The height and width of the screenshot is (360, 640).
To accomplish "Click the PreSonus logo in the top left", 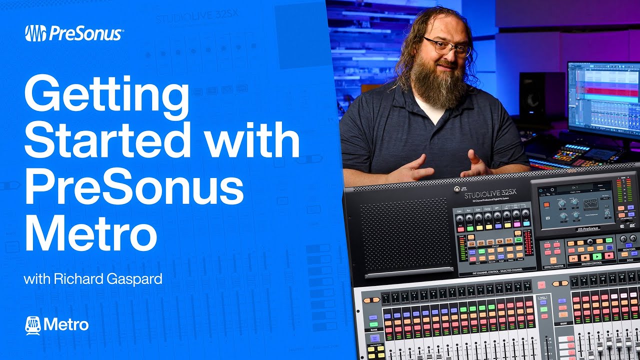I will (x=73, y=33).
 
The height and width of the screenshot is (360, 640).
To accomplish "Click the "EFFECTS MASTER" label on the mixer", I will (x=553, y=266).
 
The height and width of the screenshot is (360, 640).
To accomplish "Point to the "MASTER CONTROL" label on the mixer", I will (x=592, y=263).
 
